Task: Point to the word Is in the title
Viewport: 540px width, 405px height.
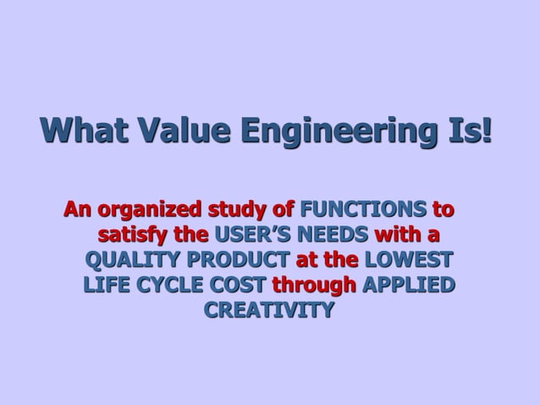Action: (460, 131)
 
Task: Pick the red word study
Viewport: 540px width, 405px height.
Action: (242, 208)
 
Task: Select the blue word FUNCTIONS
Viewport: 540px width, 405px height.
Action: (363, 208)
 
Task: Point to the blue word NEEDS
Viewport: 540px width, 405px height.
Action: (338, 234)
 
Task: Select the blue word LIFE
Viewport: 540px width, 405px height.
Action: (106, 285)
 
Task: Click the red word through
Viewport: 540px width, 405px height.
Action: (314, 285)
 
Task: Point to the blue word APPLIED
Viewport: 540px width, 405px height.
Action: (408, 285)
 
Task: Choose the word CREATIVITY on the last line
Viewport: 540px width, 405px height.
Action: (268, 310)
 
